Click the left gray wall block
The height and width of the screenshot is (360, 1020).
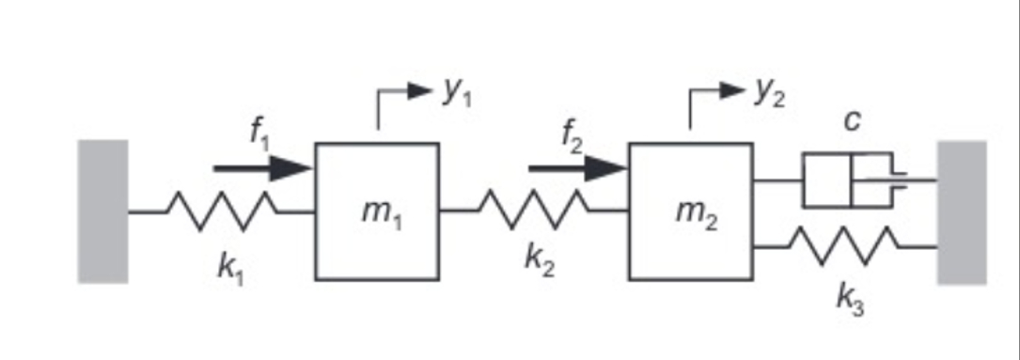point(102,211)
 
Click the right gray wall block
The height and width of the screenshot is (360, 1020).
point(962,211)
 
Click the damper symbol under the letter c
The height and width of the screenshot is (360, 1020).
point(852,180)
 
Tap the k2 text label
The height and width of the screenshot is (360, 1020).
point(540,264)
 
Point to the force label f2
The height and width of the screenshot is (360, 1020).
point(573,136)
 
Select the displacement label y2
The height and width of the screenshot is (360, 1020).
point(768,91)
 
